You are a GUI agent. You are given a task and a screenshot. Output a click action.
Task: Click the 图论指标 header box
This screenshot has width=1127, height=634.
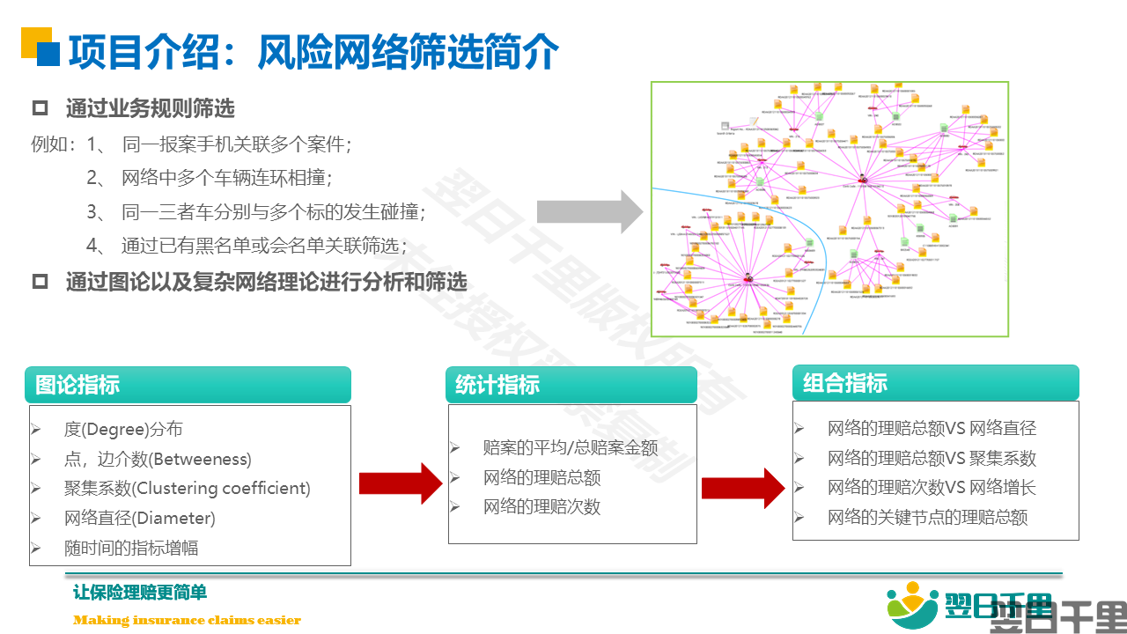(188, 385)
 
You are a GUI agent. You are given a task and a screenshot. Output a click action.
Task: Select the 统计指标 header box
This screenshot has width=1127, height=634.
(571, 385)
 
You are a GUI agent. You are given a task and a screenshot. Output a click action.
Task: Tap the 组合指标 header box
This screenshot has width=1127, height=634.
(935, 383)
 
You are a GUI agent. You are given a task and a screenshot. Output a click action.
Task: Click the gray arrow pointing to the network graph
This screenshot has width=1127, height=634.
(591, 211)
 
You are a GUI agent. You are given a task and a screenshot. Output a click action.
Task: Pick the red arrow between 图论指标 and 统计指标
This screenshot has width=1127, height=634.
(401, 483)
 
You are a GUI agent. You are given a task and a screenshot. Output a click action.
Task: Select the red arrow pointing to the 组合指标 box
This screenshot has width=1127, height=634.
(743, 488)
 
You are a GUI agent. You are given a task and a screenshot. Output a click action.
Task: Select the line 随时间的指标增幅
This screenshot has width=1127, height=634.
(131, 548)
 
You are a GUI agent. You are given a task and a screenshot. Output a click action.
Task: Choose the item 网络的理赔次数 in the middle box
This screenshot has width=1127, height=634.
(541, 506)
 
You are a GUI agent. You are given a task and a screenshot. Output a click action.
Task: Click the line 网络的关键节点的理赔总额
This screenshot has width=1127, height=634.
(927, 517)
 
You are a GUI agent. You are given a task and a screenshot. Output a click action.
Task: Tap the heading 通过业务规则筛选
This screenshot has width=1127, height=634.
(150, 109)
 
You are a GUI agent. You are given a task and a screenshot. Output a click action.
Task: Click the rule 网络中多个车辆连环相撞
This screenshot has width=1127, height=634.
(225, 178)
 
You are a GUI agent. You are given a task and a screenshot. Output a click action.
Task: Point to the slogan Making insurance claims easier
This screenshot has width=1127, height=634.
(187, 620)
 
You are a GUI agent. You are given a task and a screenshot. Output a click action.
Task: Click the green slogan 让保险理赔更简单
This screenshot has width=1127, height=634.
(140, 593)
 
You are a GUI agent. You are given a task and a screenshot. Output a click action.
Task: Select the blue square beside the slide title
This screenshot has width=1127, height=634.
(48, 55)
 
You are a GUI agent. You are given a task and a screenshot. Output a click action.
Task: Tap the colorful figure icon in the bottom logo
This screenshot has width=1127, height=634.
(913, 607)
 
